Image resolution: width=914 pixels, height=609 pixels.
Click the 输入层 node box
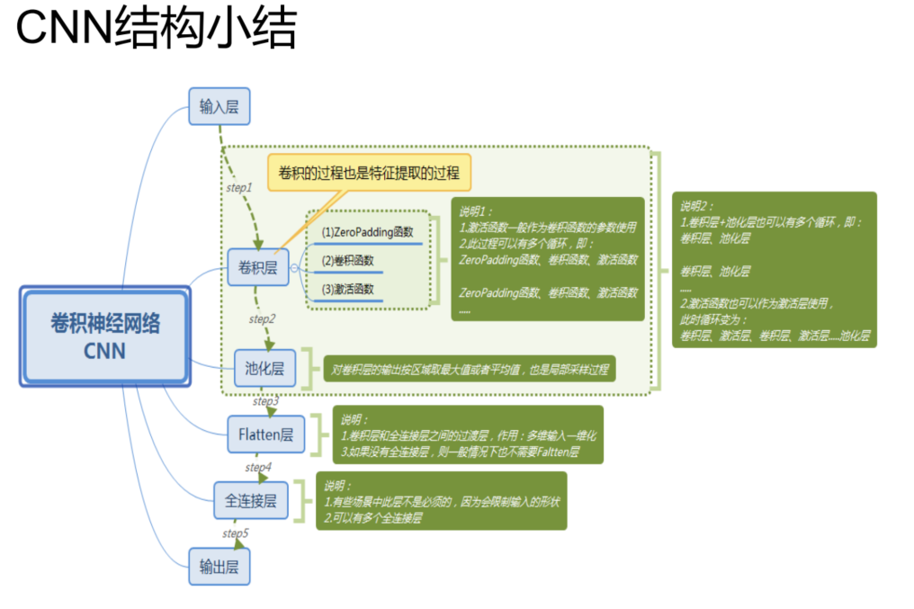click(x=219, y=107)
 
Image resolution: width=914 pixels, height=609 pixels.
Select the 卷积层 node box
click(x=257, y=266)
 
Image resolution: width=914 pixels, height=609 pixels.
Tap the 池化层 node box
click(x=264, y=367)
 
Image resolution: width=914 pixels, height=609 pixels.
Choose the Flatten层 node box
click(x=265, y=434)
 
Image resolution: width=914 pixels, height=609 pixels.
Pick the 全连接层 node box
click(x=250, y=499)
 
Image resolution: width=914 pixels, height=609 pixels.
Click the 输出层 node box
click(x=219, y=567)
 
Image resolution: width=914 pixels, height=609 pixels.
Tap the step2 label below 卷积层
click(x=262, y=318)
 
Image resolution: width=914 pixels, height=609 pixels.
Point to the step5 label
click(x=236, y=533)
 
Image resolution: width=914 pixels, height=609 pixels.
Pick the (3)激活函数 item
click(x=347, y=290)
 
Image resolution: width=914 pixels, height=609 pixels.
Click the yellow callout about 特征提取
click(x=368, y=172)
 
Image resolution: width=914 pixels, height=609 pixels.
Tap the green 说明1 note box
click(x=548, y=259)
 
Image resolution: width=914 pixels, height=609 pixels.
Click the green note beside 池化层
click(x=469, y=368)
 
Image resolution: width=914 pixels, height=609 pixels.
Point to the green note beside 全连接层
click(x=441, y=500)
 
